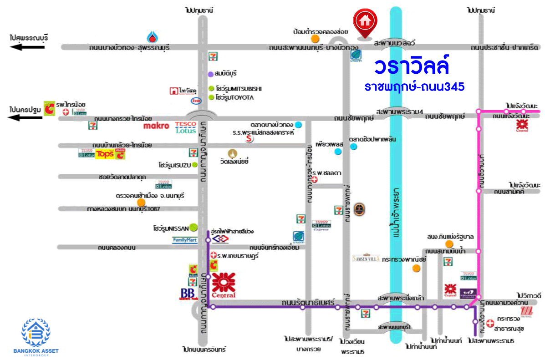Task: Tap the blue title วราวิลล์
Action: (x=412, y=66)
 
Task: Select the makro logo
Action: (x=156, y=126)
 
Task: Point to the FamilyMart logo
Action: (x=185, y=240)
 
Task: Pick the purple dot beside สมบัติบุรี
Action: (x=210, y=74)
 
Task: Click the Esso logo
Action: (x=196, y=101)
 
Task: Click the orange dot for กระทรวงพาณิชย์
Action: (x=416, y=268)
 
